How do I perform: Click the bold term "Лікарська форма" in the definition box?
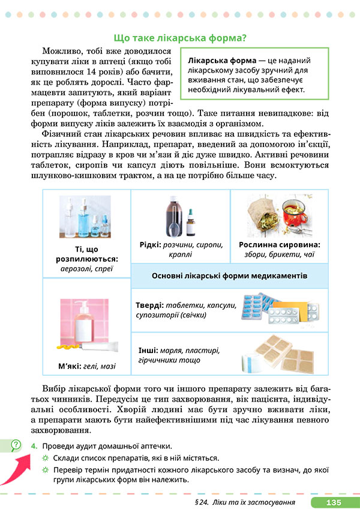(x=220, y=61)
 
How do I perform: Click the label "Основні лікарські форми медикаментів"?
(x=230, y=276)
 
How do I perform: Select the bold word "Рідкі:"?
(x=151, y=245)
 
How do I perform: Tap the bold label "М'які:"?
(x=65, y=366)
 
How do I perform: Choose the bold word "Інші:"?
(x=147, y=350)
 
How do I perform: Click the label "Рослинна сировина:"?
(x=279, y=245)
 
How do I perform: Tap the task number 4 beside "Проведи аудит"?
(x=35, y=446)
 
